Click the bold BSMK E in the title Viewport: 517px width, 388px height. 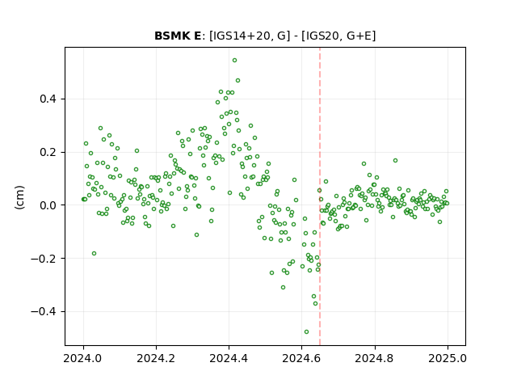[x=178, y=36]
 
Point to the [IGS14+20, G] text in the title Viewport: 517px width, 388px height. [x=250, y=36]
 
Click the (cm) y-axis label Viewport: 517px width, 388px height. [x=19, y=197]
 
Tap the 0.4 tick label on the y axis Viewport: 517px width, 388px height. [x=48, y=99]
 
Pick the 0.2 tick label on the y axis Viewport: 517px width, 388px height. [x=48, y=153]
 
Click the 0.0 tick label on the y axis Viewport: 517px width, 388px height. [x=48, y=205]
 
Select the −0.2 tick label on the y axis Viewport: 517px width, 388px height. [x=44, y=259]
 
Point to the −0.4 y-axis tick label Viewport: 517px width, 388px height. [x=44, y=311]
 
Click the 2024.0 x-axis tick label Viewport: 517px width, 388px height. [x=83, y=358]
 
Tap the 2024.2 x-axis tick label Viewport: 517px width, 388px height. [x=156, y=358]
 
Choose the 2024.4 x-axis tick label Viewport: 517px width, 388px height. [x=229, y=358]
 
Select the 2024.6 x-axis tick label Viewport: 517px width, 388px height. [x=301, y=358]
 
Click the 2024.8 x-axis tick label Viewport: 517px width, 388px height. [x=375, y=358]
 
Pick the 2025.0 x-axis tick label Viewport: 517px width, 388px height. [x=448, y=358]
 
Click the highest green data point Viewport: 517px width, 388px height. [x=235, y=61]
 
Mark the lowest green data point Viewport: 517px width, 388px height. [x=307, y=332]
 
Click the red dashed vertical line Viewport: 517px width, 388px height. [x=320, y=196]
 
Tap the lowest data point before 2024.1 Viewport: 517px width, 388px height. [x=94, y=253]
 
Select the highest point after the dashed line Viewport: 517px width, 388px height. [x=395, y=161]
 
